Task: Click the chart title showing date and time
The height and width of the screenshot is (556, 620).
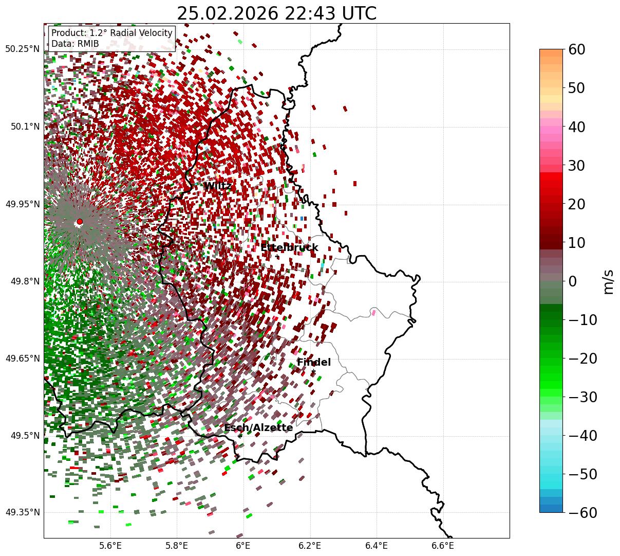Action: point(276,13)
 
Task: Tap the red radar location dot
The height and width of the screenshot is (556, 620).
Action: point(80,222)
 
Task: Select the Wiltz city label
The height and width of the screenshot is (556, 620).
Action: point(217,186)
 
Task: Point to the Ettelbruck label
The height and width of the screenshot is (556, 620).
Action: point(289,248)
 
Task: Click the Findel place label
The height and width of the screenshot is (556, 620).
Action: point(313,363)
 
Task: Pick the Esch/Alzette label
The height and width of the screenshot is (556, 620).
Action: point(258,428)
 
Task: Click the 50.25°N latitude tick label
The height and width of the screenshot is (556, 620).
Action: point(23,49)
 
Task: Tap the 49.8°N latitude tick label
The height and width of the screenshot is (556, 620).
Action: point(23,281)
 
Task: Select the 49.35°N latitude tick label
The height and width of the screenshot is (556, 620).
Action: point(23,512)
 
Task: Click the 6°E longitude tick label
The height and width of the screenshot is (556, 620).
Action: point(243,545)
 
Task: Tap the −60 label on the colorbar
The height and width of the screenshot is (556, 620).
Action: point(583,513)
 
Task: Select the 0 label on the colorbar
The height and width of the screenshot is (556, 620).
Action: point(572,281)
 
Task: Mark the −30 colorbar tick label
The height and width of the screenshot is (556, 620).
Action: point(583,397)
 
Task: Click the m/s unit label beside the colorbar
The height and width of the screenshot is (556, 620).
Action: point(609,281)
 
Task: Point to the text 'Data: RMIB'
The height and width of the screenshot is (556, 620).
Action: point(75,44)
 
